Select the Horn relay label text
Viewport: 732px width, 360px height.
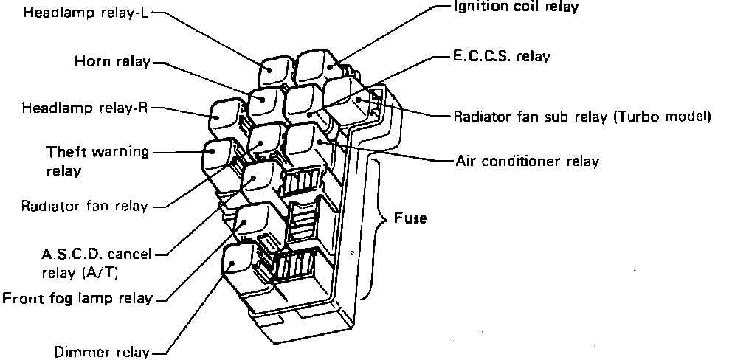tap(111, 62)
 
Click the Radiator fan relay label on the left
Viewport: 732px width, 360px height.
tap(84, 206)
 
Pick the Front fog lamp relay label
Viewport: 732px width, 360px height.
tap(77, 299)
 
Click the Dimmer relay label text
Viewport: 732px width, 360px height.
tap(102, 352)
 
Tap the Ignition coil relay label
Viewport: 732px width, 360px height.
tap(515, 7)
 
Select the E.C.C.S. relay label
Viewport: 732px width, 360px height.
tap(501, 56)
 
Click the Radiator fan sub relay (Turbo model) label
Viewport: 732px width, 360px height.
tap(581, 117)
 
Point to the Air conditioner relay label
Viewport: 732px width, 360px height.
tap(527, 161)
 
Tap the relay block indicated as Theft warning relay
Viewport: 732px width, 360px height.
tap(218, 156)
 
